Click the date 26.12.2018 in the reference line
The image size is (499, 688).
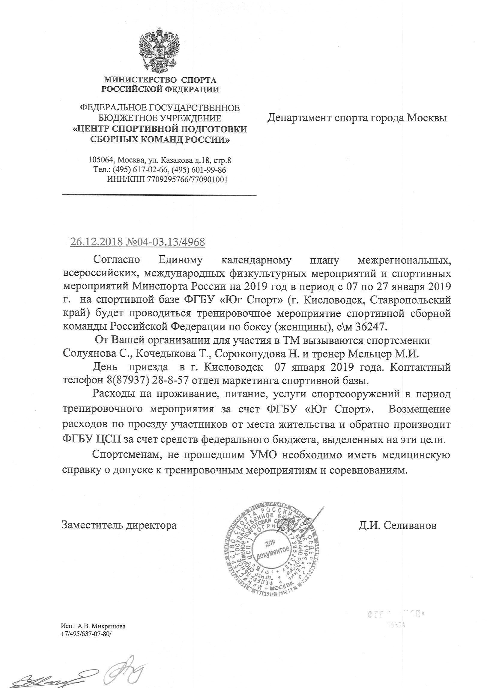[96, 242]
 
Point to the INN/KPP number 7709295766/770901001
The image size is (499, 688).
[187, 179]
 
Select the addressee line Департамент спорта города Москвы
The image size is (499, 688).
[357, 118]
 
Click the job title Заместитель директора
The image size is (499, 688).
[119, 525]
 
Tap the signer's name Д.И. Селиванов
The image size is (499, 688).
[397, 525]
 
